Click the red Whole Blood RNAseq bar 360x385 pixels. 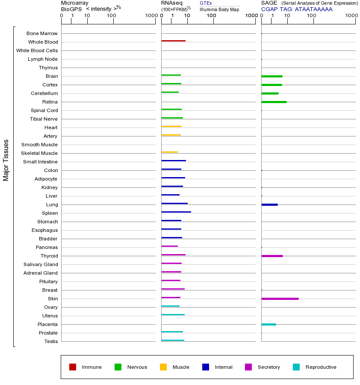174,41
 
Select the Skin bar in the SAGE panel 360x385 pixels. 280,299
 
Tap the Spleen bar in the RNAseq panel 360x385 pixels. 176,212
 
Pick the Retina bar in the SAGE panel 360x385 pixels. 274,102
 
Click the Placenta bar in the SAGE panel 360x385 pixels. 269,324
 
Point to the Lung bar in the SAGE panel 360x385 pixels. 269,204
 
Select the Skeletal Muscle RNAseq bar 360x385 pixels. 170,152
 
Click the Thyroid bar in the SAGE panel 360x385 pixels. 272,256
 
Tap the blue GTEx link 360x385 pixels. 206,3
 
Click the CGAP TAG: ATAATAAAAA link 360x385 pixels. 297,9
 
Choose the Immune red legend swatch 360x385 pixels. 73,367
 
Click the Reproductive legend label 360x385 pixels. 321,367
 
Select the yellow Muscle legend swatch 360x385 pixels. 163,367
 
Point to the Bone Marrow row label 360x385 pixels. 42,33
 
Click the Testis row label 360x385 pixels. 51,341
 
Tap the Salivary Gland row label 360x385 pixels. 41,264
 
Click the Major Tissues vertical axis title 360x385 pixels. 6,160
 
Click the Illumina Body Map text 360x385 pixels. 219,9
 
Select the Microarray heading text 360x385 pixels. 75,3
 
